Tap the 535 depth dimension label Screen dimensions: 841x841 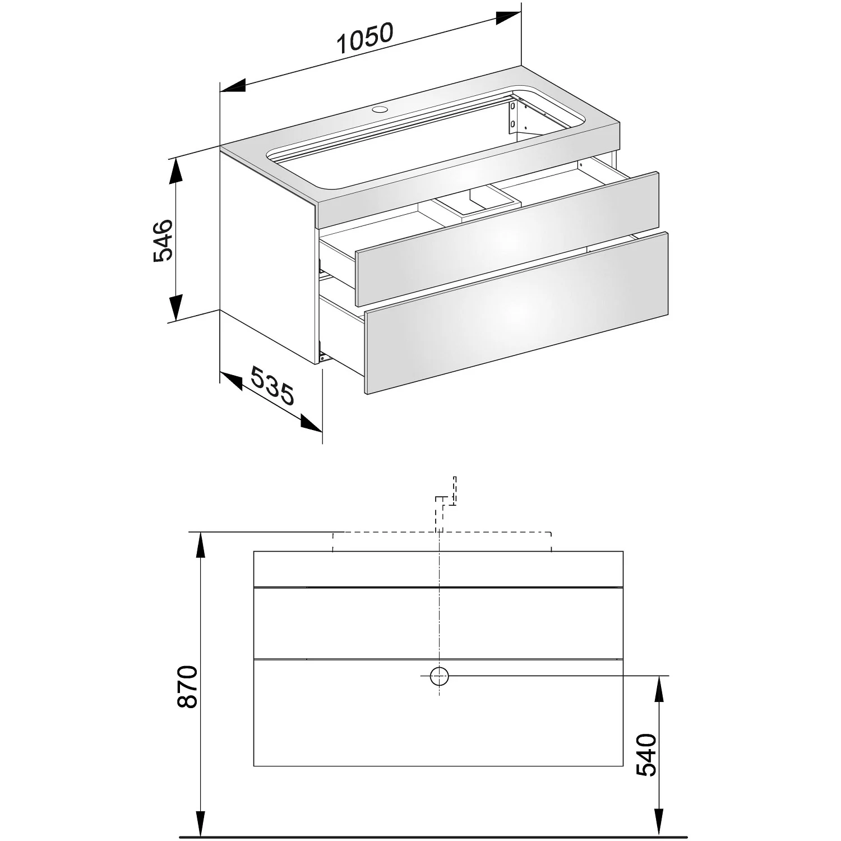tap(271, 385)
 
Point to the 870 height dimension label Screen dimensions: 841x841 tap(187, 686)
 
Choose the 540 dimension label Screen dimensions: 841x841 tap(646, 754)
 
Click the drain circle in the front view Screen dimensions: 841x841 tap(440, 676)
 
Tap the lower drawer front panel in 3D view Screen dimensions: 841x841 tap(516, 313)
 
